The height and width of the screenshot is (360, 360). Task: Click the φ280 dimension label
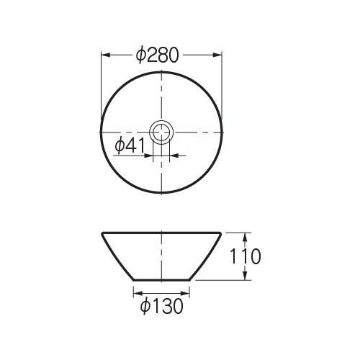[x=158, y=55]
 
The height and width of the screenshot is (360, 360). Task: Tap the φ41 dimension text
[x=130, y=145]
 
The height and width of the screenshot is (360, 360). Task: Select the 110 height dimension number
[x=245, y=256]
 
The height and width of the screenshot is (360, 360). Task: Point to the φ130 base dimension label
[x=162, y=306]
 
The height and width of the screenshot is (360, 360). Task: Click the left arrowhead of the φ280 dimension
[x=106, y=55]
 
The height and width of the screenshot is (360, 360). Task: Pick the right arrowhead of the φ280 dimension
[x=217, y=55]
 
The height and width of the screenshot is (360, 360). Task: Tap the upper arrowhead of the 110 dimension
[x=245, y=237]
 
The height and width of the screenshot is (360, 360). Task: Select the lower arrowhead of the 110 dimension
[x=245, y=275]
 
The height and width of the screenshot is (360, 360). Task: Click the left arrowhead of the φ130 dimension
[x=138, y=293]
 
